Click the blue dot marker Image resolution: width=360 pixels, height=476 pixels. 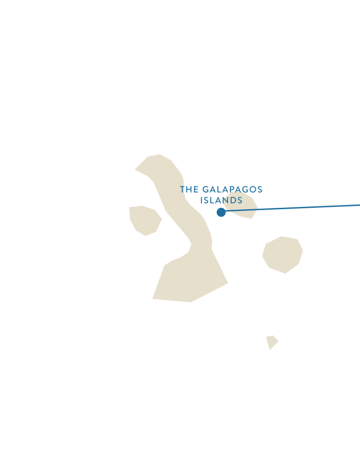(x=222, y=212)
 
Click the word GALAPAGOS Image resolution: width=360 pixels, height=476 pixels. (x=232, y=190)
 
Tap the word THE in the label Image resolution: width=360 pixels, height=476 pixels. (x=190, y=190)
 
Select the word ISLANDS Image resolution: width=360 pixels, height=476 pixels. (x=222, y=201)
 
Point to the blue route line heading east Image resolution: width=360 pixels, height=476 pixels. (x=293, y=208)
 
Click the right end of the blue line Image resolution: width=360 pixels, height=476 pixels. (x=358, y=205)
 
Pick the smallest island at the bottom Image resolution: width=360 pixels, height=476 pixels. (x=271, y=342)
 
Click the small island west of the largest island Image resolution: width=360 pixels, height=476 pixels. (x=145, y=220)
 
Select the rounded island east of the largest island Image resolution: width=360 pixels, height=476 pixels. (x=282, y=254)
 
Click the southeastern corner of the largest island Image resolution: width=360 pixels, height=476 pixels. (x=227, y=283)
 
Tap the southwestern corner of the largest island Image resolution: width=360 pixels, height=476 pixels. (x=153, y=298)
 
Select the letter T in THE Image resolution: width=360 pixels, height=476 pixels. (x=183, y=190)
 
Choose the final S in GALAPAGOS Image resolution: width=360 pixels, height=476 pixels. (x=259, y=190)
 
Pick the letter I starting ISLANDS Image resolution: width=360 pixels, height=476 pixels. (x=202, y=201)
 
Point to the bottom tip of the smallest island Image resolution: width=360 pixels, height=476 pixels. (x=269, y=350)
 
